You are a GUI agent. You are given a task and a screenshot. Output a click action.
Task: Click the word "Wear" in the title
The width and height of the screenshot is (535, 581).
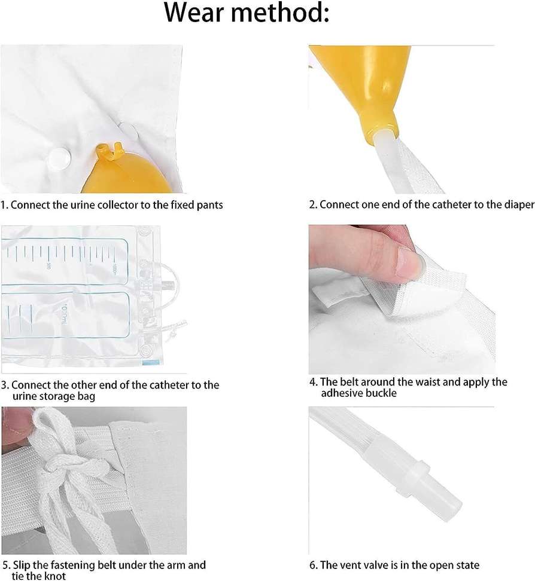(x=194, y=12)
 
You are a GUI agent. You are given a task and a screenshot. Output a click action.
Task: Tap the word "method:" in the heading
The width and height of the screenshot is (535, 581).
(x=281, y=12)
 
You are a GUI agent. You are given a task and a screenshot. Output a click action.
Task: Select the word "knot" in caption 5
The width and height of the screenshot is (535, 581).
(x=54, y=576)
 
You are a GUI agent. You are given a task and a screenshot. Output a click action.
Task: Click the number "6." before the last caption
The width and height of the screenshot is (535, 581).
(x=314, y=565)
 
